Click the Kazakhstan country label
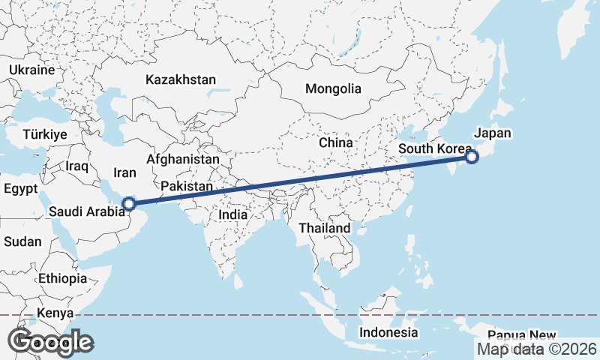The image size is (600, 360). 181,79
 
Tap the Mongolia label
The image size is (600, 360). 333,88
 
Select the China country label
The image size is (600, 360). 335,142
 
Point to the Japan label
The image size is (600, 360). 492,133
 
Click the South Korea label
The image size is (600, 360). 430,148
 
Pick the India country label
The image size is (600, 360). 232,214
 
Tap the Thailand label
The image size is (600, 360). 324,228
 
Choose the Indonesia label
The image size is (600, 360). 388,332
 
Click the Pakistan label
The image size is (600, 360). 187,186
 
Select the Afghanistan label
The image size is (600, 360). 183,160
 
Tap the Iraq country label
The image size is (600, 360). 77,166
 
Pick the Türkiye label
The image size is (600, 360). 45,134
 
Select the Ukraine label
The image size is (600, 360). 32,70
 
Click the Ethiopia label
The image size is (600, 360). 64,278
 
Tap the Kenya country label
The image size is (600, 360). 55,313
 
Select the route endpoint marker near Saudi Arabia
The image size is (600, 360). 129,203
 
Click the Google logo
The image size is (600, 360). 50,342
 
